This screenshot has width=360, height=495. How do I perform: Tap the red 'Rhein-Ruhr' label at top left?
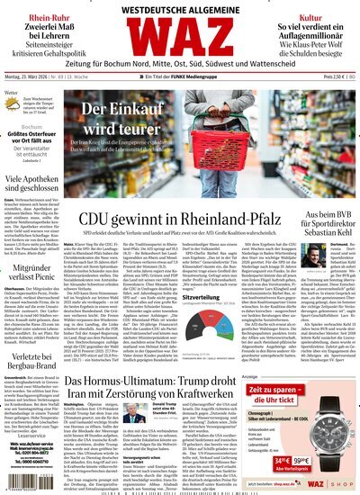(x=37, y=17)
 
